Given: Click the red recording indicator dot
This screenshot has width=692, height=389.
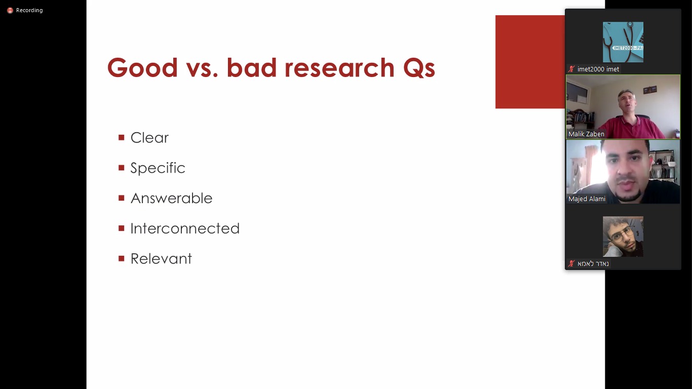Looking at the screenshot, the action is [10, 11].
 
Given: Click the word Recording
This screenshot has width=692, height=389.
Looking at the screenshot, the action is [29, 10].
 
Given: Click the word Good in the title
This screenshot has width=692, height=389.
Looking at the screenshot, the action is [142, 68].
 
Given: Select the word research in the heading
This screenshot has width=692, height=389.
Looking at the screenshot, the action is [339, 68].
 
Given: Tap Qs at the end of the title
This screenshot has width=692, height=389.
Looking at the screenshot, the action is [419, 68].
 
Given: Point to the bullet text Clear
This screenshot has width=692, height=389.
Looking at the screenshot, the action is [149, 137].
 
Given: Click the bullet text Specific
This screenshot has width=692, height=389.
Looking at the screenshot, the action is [158, 168].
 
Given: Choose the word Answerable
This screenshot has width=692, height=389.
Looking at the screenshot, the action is [171, 198].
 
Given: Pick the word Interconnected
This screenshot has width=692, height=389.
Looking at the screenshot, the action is [185, 228].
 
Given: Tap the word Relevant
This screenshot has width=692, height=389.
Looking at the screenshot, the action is [161, 259].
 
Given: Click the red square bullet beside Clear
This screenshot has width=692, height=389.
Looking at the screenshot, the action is [122, 137].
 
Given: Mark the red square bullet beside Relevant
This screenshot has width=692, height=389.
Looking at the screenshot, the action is [122, 259].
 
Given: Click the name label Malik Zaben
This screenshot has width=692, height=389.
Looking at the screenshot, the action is [586, 134].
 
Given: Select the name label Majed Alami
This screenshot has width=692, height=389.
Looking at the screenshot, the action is [587, 199].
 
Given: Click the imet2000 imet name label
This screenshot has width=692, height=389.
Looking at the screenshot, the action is [598, 69].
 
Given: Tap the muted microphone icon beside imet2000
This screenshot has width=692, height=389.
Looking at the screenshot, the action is [571, 69].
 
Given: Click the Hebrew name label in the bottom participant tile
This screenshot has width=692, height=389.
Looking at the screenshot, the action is [593, 263].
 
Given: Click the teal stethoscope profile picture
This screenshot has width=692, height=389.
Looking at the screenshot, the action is [623, 42].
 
